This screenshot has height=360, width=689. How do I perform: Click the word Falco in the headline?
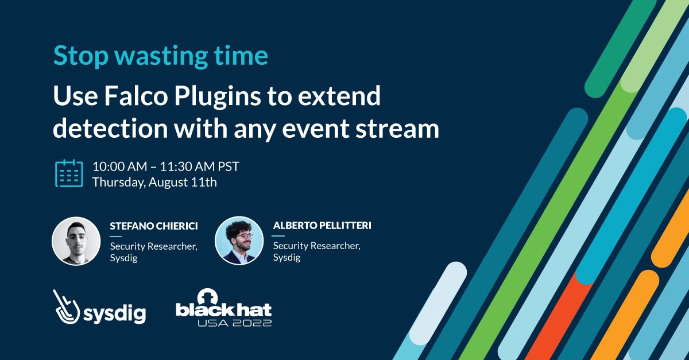(129, 97)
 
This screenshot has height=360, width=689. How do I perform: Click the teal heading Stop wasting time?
(160, 56)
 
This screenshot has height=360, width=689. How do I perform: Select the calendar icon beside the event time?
(69, 173)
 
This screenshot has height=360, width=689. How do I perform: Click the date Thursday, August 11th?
(154, 183)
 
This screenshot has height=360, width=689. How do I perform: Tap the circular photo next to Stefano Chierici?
(76, 241)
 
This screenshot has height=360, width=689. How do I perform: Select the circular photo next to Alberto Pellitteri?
(239, 240)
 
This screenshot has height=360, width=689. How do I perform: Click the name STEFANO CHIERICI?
(153, 226)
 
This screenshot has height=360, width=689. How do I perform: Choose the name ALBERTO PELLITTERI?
(322, 226)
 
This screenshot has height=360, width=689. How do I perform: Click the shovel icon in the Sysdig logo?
(67, 308)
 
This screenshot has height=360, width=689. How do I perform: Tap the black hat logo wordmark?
(223, 310)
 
